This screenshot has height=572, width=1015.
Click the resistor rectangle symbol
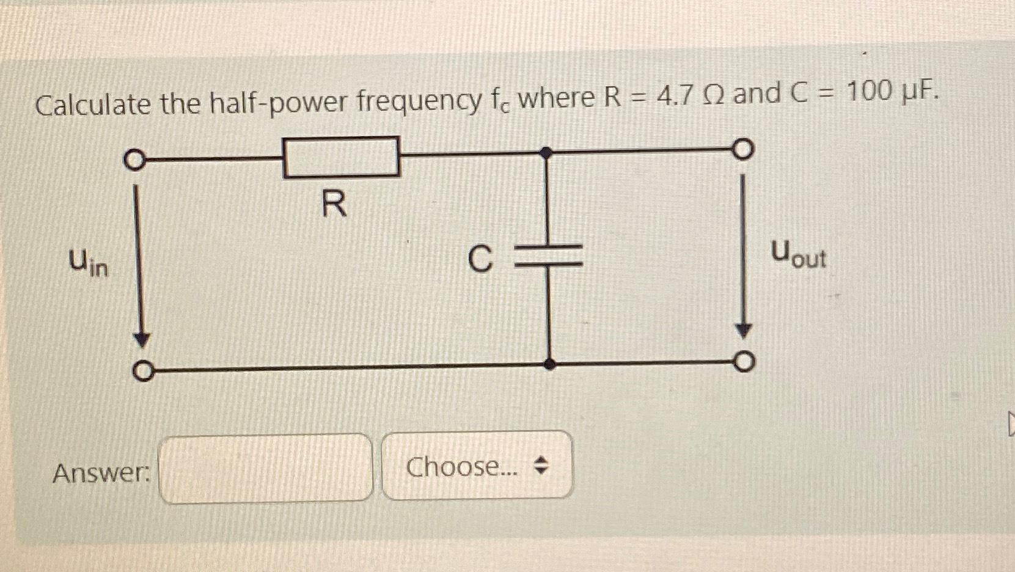[341, 157]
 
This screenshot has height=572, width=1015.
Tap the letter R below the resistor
[334, 204]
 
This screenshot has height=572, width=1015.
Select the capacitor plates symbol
[549, 255]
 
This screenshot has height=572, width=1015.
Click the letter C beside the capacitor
[480, 258]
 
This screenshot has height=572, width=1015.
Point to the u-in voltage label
[88, 262]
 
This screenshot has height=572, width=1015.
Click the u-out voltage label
[798, 254]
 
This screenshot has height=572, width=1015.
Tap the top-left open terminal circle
[134, 161]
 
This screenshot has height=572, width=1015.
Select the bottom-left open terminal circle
[142, 371]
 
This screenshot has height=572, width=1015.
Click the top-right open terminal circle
[742, 149]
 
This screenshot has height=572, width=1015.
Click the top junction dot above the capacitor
[547, 153]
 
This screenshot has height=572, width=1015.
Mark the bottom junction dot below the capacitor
[549, 364]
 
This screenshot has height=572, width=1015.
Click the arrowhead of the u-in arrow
[142, 340]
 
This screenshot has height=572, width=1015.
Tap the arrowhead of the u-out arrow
[743, 331]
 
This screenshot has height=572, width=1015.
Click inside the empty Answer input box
[265, 469]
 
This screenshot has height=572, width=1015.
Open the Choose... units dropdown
[477, 466]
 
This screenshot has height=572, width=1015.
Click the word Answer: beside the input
[101, 472]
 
